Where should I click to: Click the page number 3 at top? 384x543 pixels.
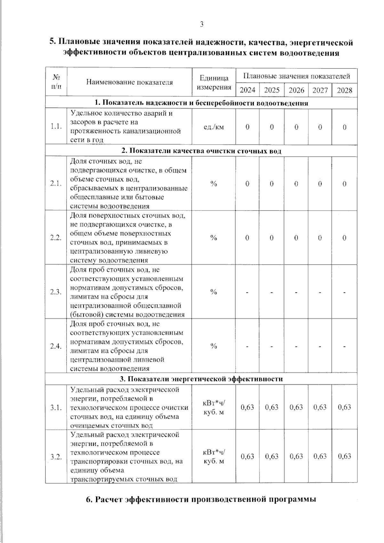202,24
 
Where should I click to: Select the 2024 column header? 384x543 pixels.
247,90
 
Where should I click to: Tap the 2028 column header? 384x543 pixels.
345,90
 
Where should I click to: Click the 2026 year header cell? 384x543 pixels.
296,90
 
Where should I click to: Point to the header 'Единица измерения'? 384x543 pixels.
214,82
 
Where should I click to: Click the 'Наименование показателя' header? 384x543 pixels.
129,82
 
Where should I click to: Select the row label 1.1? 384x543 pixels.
56,127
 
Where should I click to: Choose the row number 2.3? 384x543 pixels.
56,292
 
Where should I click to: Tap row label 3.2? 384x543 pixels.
56,457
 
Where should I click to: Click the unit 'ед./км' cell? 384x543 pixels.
214,127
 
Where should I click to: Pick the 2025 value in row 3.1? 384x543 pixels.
272,407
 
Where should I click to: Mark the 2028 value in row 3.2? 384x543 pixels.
345,456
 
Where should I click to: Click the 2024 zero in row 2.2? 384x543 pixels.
247,238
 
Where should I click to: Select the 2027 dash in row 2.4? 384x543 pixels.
320,346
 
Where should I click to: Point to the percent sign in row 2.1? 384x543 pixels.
214,184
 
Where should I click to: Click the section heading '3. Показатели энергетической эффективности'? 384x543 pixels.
201,379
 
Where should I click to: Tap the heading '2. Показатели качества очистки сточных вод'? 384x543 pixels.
201,151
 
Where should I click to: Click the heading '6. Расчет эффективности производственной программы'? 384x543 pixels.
201,499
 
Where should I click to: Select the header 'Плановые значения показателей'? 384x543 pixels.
296,76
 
